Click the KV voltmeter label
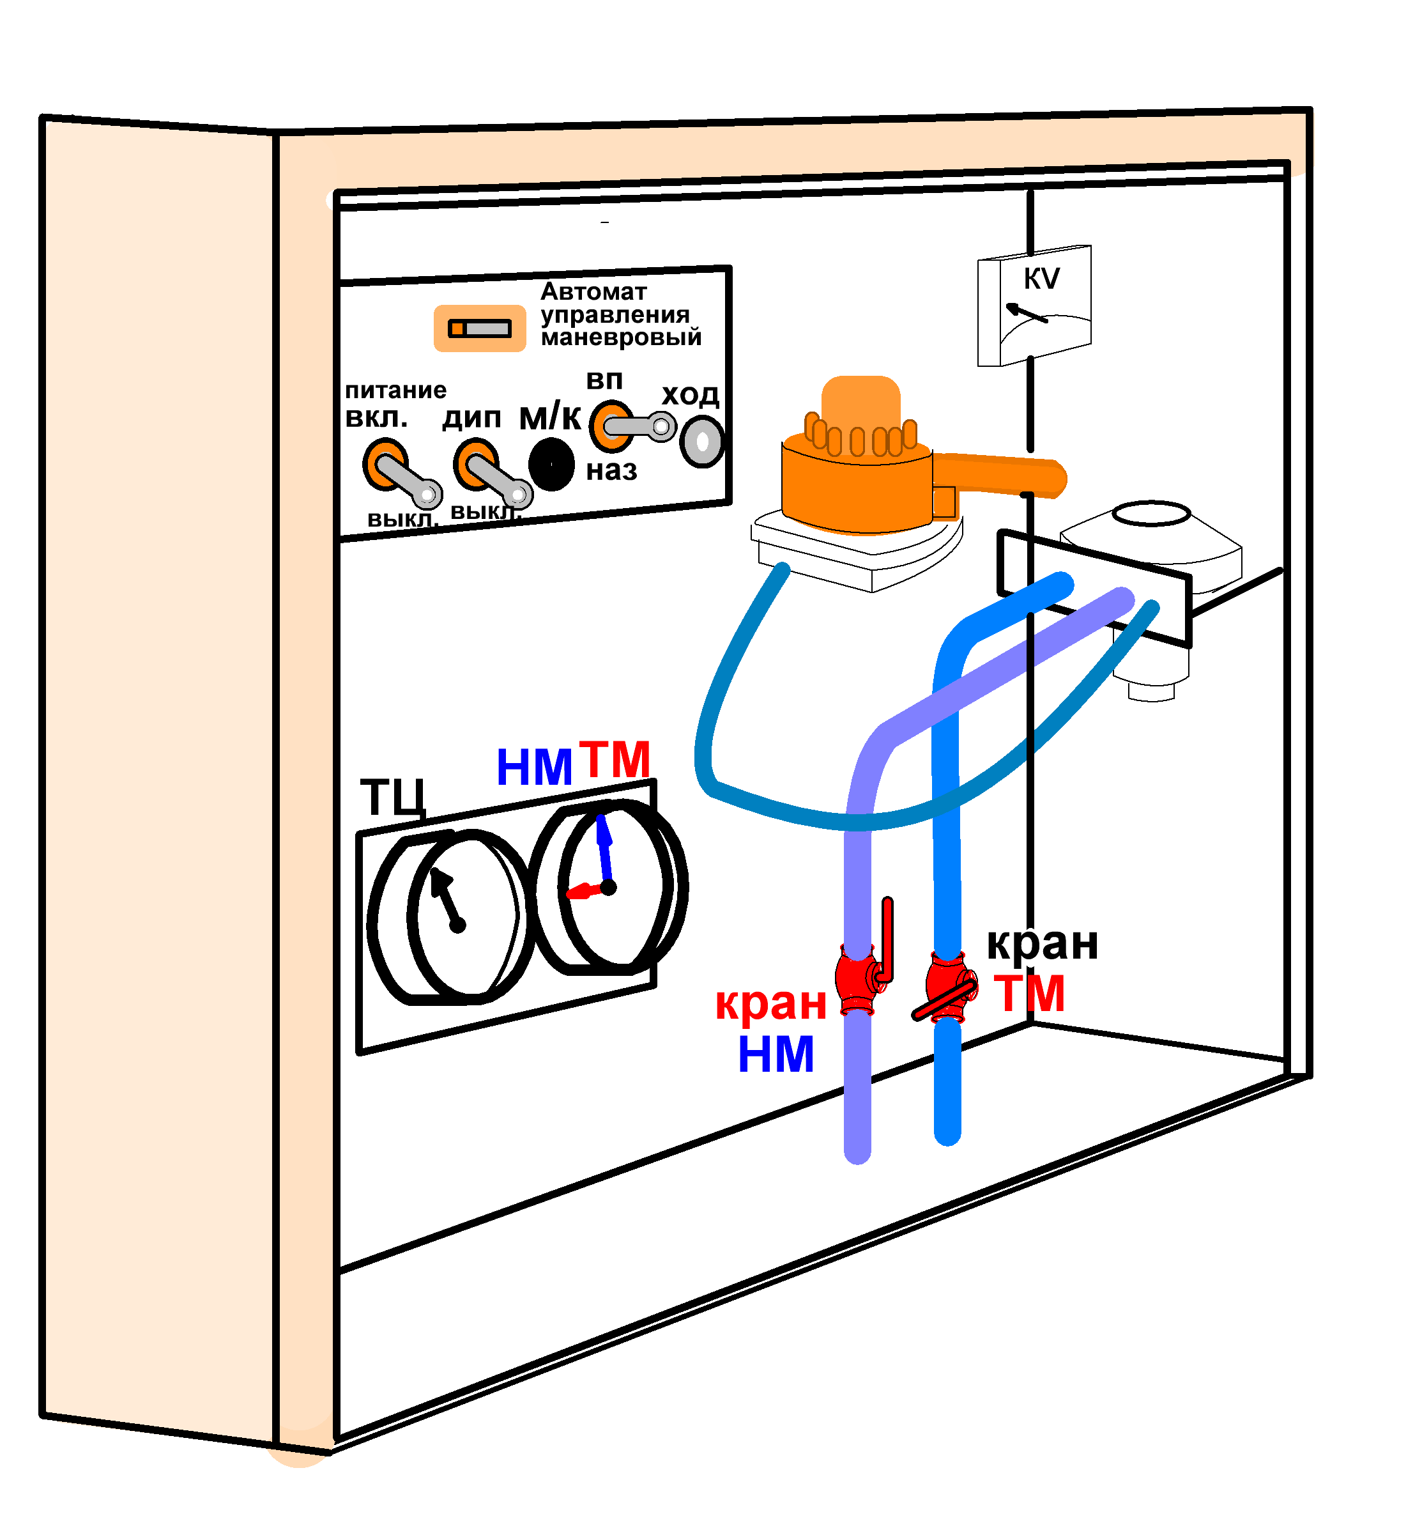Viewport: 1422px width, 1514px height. [x=1041, y=279]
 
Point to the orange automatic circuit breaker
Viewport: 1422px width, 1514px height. [x=479, y=328]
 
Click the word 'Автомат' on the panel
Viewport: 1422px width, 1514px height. [x=593, y=291]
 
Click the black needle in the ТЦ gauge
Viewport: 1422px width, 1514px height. [x=445, y=899]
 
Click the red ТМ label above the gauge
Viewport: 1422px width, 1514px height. [x=615, y=759]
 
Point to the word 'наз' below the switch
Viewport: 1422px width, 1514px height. [x=611, y=470]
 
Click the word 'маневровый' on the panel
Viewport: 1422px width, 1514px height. [x=620, y=337]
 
